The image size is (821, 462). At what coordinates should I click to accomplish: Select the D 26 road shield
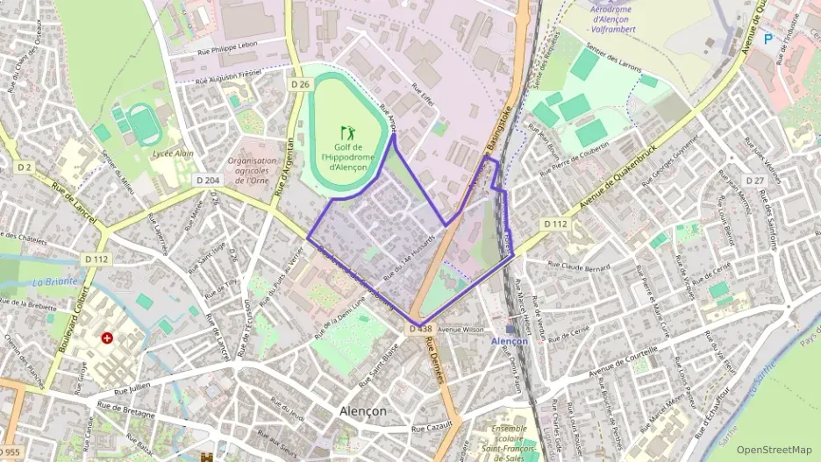pyautogui.click(x=300, y=84)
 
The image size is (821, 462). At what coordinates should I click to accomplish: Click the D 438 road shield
pyautogui.click(x=420, y=329)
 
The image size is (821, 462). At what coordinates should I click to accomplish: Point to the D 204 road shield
pyautogui.click(x=207, y=180)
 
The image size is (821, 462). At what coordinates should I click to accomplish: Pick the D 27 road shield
pyautogui.click(x=755, y=180)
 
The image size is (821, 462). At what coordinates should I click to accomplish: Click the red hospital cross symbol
pyautogui.click(x=107, y=338)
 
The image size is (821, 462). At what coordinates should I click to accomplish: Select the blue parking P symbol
pyautogui.click(x=768, y=39)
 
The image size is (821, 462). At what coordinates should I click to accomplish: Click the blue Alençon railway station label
pyautogui.click(x=510, y=340)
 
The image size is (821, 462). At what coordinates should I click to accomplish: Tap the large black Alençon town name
pyautogui.click(x=363, y=410)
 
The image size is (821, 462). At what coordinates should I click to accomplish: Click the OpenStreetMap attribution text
pyautogui.click(x=774, y=449)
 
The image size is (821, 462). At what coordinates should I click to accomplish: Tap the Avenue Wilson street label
pyautogui.click(x=460, y=330)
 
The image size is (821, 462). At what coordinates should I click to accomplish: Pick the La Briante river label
pyautogui.click(x=54, y=282)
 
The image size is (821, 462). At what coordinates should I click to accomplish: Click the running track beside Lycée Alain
pyautogui.click(x=139, y=122)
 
